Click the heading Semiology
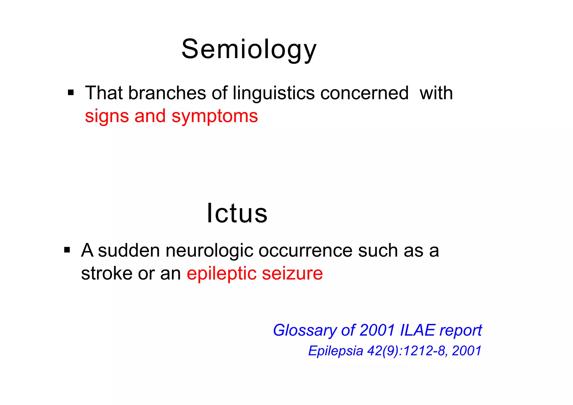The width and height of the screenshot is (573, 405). coord(249,49)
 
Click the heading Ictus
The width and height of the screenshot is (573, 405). coord(237,213)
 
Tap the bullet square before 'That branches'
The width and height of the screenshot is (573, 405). coord(71,92)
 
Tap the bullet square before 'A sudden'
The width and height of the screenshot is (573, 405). coord(67,250)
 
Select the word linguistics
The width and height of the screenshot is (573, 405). coord(274,93)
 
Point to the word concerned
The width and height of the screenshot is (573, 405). coord(364,93)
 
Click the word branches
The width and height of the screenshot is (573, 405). coord(167,93)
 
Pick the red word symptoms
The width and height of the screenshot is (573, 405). coord(215,116)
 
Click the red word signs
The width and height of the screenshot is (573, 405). coord(107,116)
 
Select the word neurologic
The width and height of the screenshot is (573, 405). coord(209,251)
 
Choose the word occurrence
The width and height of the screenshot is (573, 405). coord(305,251)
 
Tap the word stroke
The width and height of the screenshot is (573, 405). coord(107,273)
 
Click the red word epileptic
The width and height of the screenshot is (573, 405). coord(221,274)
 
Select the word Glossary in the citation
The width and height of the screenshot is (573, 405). coord(304,331)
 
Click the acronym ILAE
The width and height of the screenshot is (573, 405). coord(417,330)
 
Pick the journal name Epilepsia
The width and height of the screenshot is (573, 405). coord(335,351)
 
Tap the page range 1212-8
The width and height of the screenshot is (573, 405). coord(424,351)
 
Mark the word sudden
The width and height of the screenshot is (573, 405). coord(129,250)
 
